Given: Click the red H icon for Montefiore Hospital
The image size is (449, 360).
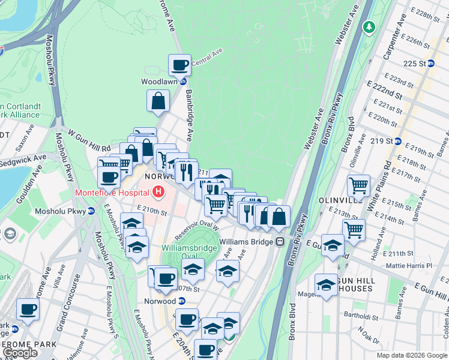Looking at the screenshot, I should [158, 192].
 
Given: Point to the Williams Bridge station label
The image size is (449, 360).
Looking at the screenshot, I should [246, 242].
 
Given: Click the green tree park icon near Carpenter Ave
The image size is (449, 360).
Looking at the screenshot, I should [369, 28].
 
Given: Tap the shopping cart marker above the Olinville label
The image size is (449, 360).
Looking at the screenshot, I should [359, 185].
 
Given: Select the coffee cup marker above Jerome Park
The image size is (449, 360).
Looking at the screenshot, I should [28, 310].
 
